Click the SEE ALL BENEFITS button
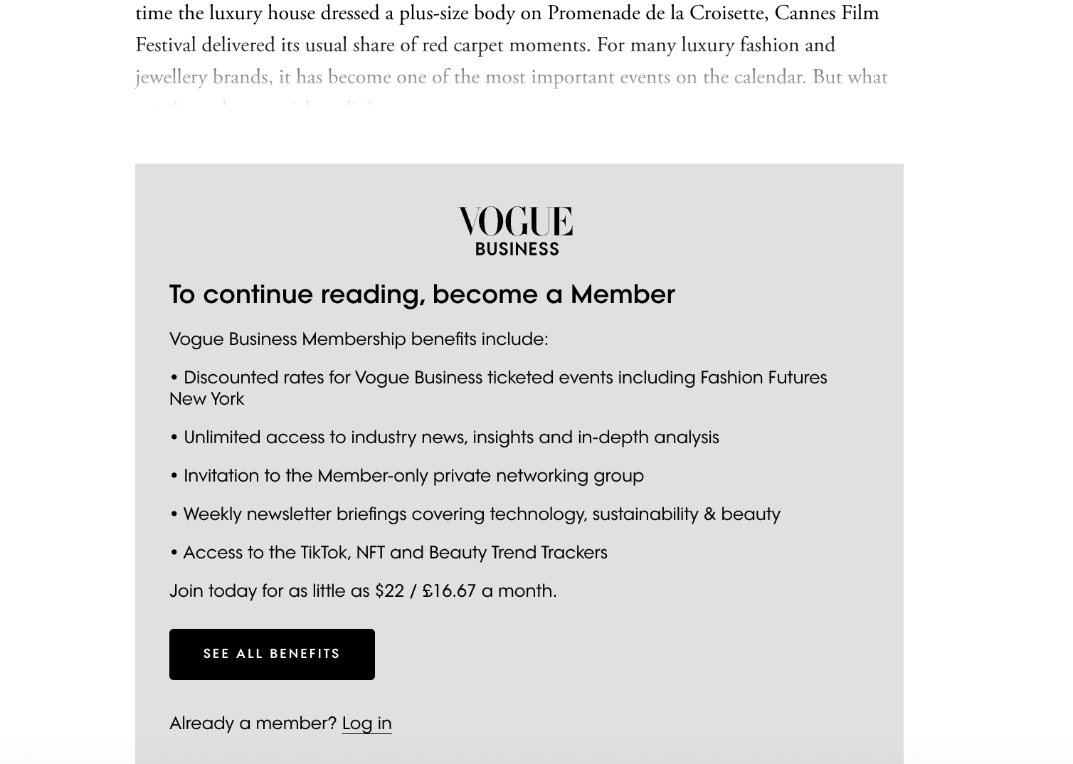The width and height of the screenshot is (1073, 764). point(272,654)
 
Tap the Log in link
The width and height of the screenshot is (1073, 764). point(366,723)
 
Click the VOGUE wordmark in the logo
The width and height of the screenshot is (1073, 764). point(516,221)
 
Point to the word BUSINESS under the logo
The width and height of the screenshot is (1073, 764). point(517,249)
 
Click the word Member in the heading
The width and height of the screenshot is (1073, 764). point(622,295)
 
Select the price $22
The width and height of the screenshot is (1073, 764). point(389,591)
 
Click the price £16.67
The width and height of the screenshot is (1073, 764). point(448,591)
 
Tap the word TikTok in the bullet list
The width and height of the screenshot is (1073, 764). point(324,553)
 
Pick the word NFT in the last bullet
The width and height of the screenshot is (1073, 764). point(370,553)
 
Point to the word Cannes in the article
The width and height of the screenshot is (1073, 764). point(803,14)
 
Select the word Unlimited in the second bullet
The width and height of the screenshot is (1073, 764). point(222,437)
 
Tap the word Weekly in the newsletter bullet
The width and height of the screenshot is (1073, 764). point(212,514)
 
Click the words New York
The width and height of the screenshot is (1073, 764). point(206,399)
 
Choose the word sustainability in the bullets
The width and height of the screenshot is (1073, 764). point(645,514)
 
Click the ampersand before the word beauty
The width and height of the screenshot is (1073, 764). point(709,514)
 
